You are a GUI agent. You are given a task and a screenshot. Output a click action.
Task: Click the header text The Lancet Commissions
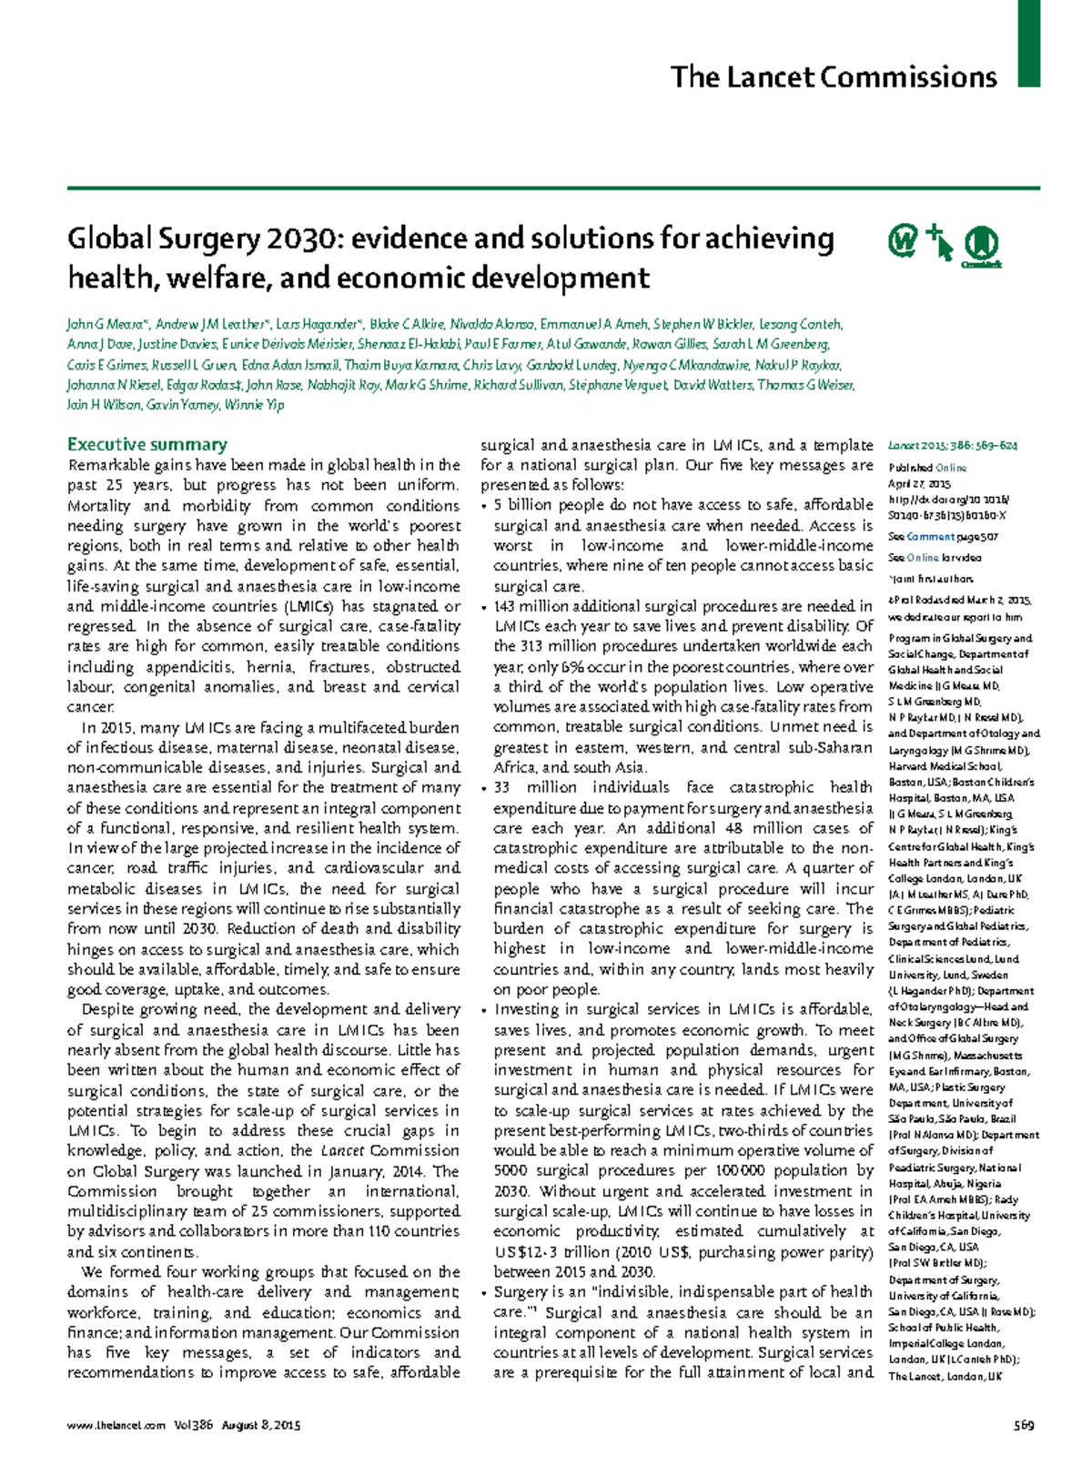833,77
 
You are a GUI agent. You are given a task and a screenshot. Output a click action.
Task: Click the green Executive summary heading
147,444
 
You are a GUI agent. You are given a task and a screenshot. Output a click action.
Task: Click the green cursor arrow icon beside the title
939,243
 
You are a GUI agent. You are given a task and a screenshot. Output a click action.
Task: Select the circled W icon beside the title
902,242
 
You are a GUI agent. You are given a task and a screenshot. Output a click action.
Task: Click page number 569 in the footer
1024,1425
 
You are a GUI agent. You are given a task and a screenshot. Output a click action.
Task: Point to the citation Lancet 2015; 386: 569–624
952,446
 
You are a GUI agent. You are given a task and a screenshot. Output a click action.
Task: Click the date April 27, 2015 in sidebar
919,484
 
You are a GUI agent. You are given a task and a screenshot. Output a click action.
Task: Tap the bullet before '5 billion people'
485,505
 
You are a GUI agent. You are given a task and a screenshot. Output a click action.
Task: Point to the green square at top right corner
1028,43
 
